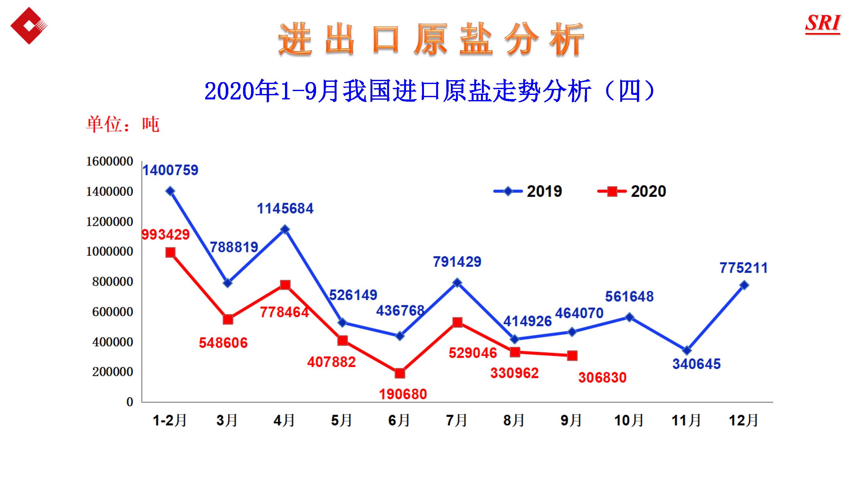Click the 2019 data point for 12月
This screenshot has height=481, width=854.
tap(744, 285)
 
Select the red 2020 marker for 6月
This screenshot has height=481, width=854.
tap(400, 373)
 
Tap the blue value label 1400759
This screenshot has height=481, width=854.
tap(170, 170)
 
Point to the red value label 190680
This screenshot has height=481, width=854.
tap(403, 394)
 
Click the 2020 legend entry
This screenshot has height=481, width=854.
tap(632, 191)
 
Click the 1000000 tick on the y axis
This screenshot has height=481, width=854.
tap(110, 251)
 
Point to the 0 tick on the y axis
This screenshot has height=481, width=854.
tap(130, 402)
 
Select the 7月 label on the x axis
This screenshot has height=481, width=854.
tap(457, 420)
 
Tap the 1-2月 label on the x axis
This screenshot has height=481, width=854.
tap(170, 420)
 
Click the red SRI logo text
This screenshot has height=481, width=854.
tap(823, 23)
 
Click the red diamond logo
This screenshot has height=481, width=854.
tap(29, 26)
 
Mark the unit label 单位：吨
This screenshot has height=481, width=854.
tap(123, 124)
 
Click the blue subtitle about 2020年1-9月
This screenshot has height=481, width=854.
tap(429, 91)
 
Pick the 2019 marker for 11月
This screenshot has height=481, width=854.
tap(687, 350)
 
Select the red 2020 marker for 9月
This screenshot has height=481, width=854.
tap(572, 356)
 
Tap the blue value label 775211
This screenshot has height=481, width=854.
tap(743, 268)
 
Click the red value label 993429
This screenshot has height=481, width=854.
tap(166, 235)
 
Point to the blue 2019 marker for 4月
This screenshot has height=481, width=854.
tap(285, 229)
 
